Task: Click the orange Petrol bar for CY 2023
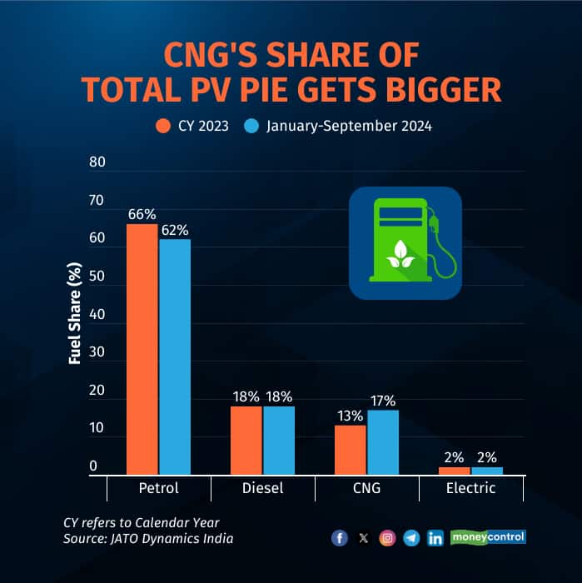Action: tap(142, 349)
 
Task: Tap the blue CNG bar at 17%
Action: tap(383, 442)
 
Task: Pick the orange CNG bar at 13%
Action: tap(351, 450)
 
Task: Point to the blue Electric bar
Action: tap(487, 471)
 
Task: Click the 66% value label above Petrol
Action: tap(142, 214)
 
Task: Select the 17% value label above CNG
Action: tap(384, 400)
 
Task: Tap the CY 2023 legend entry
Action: tap(193, 127)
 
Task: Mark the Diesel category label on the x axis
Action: tap(262, 488)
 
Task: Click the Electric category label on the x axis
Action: tap(471, 488)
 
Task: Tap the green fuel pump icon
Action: tap(405, 243)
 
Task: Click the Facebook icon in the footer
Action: tap(339, 538)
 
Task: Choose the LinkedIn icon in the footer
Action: tap(435, 538)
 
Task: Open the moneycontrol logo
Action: tap(488, 537)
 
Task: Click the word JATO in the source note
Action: tap(127, 539)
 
